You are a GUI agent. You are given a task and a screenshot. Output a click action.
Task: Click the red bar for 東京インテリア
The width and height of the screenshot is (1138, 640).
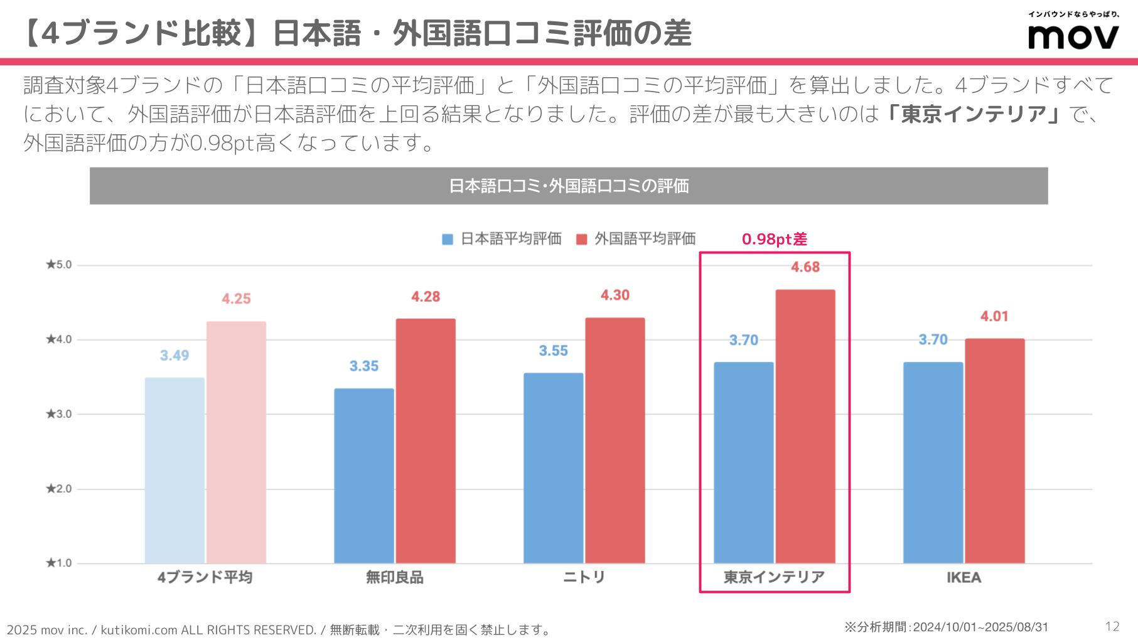tap(805, 427)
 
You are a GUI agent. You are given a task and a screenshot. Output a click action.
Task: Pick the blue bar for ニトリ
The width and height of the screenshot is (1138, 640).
tap(553, 468)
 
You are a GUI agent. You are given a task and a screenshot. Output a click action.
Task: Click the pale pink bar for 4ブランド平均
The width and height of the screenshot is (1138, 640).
tap(236, 442)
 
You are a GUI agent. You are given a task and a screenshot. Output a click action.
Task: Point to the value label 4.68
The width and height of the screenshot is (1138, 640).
tap(805, 267)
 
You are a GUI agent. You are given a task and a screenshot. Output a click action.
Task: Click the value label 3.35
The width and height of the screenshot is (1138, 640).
tap(364, 366)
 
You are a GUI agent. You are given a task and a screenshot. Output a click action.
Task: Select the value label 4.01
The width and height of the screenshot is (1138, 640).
tap(994, 316)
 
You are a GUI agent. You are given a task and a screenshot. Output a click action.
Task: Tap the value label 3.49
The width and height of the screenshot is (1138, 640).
tap(174, 356)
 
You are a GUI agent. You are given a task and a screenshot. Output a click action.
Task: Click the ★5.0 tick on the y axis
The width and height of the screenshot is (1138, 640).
tap(59, 265)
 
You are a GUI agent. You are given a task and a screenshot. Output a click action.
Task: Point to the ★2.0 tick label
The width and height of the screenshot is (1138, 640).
tap(59, 489)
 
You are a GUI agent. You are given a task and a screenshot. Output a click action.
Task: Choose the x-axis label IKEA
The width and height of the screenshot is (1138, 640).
tap(964, 577)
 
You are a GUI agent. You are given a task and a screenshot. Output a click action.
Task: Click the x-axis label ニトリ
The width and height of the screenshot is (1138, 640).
tap(584, 577)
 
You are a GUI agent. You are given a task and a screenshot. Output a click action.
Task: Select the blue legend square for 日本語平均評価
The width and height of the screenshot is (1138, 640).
tap(448, 239)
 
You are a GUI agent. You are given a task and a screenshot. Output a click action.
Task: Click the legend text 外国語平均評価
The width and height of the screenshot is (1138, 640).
tap(645, 238)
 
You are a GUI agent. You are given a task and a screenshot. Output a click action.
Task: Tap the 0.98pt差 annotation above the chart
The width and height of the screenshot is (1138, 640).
tap(775, 239)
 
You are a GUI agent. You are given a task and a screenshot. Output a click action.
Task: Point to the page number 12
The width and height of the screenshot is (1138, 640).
tap(1112, 626)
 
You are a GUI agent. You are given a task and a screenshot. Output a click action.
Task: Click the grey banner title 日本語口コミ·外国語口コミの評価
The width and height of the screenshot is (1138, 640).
tap(569, 186)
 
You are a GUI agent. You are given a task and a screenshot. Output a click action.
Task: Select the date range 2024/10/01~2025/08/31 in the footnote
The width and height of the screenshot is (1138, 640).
tap(980, 627)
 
